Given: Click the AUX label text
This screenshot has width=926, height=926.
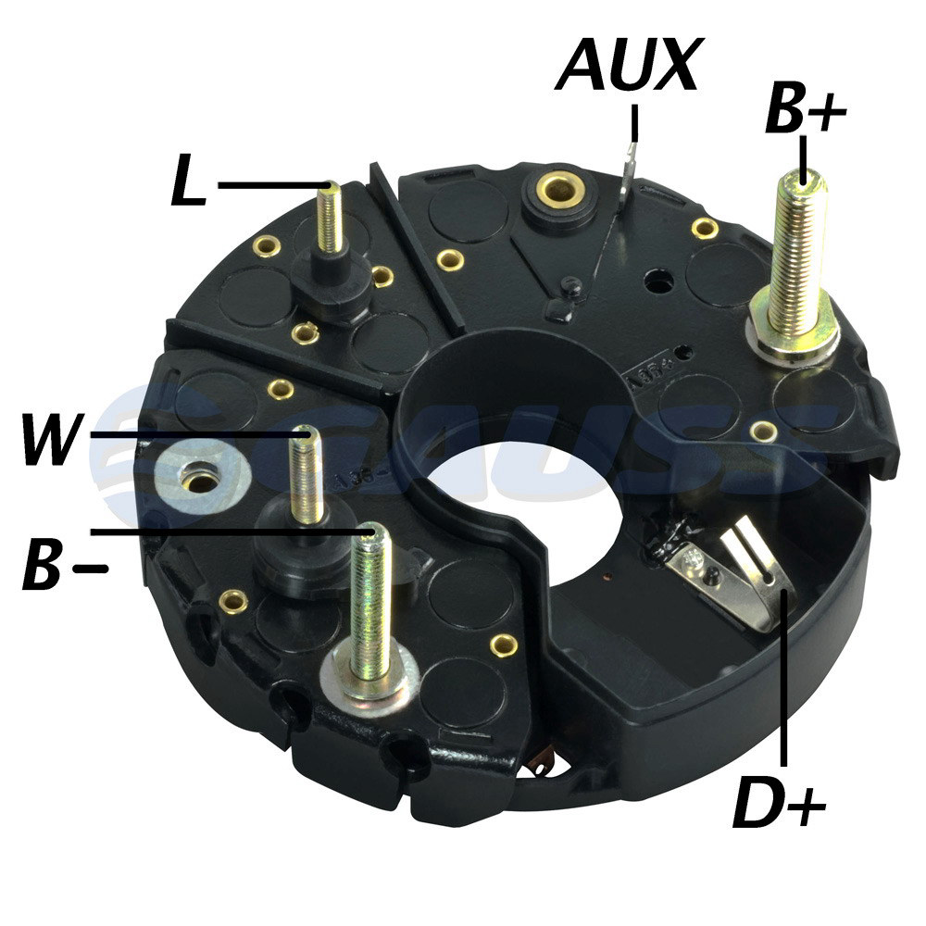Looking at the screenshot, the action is (629, 65).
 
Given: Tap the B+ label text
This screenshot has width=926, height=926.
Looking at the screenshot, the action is (806, 108).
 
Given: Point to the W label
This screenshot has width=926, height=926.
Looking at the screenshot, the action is (52, 438).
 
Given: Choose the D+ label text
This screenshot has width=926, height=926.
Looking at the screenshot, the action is (779, 803).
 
